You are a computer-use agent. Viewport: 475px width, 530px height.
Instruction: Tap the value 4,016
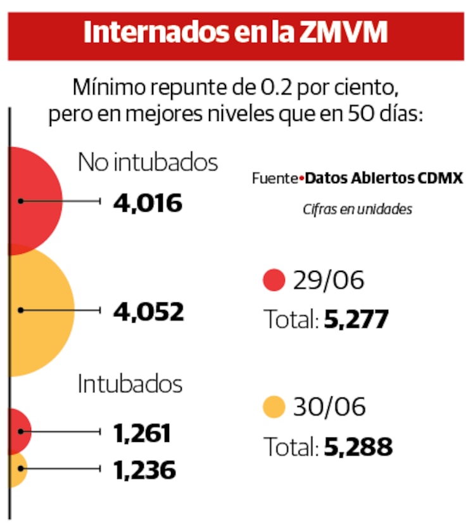pyautogui.click(x=148, y=204)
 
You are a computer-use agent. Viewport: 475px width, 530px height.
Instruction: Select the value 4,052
pyautogui.click(x=149, y=312)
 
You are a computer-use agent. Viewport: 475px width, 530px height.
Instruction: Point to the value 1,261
pyautogui.click(x=142, y=434)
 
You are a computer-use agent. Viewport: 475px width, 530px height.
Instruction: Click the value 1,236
pyautogui.click(x=144, y=470)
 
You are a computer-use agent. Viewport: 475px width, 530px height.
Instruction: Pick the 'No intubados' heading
pyautogui.click(x=148, y=163)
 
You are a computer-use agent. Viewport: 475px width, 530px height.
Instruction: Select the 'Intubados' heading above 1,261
pyautogui.click(x=130, y=384)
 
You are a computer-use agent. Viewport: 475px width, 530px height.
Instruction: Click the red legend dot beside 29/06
pyautogui.click(x=274, y=280)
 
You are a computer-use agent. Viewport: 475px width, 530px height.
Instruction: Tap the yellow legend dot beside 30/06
pyautogui.click(x=274, y=407)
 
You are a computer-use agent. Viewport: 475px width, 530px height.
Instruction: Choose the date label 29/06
pyautogui.click(x=329, y=280)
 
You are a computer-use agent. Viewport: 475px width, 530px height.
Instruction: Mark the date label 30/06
pyautogui.click(x=329, y=407)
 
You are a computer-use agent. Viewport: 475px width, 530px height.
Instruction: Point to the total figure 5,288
pyautogui.click(x=358, y=448)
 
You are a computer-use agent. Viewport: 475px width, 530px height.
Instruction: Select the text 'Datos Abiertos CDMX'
pyautogui.click(x=384, y=178)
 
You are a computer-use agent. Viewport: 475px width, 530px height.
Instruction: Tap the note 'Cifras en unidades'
pyautogui.click(x=357, y=209)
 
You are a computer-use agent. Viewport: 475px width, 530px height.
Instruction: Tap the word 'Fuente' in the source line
pyautogui.click(x=274, y=178)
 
